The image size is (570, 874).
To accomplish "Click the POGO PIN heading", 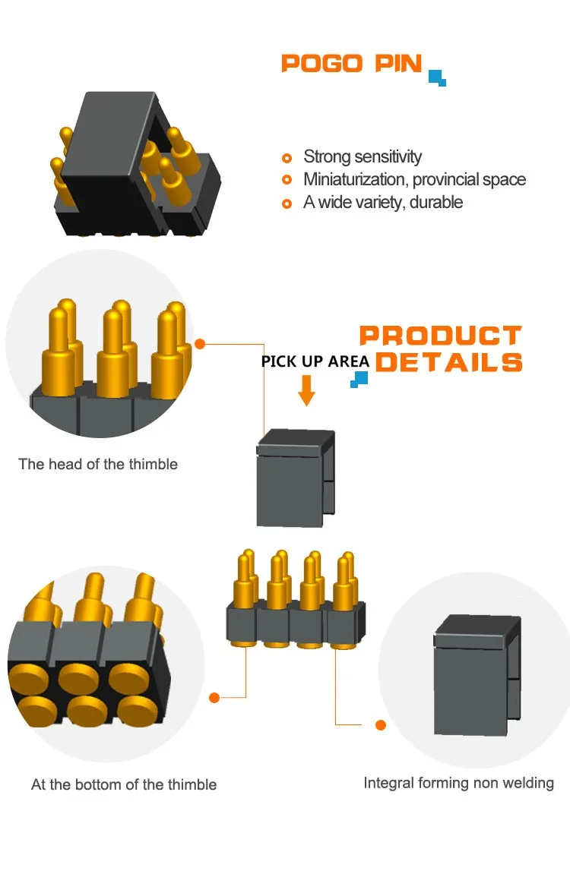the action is (x=351, y=63).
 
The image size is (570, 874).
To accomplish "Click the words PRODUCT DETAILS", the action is (x=442, y=349).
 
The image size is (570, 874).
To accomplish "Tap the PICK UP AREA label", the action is (x=315, y=361).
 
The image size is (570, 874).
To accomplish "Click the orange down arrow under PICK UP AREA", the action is (x=306, y=390).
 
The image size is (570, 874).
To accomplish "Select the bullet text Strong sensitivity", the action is (x=363, y=157).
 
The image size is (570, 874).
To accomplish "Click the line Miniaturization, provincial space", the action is (x=414, y=180).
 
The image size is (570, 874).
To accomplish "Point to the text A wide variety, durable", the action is (x=383, y=203).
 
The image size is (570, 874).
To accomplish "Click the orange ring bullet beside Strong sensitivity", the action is (x=287, y=158).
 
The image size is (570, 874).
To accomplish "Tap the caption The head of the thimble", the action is (x=98, y=464).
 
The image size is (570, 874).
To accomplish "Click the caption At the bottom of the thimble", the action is (x=124, y=784).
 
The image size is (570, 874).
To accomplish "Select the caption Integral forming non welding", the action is (x=458, y=783).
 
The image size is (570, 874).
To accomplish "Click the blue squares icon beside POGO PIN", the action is (x=437, y=77).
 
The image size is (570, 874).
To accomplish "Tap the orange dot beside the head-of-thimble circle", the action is (x=200, y=344).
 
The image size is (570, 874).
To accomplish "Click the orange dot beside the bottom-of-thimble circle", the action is (x=214, y=697).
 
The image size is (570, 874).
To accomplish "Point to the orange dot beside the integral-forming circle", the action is (x=381, y=725).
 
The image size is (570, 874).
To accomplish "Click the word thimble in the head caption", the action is (x=154, y=464).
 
